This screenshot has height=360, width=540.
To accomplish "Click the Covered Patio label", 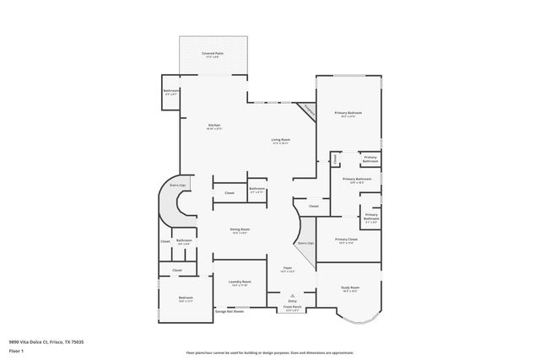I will pyautogui.click(x=213, y=53).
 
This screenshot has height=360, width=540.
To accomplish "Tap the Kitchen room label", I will pyautogui.click(x=214, y=126).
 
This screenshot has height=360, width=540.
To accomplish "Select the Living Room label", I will pyautogui.click(x=280, y=140).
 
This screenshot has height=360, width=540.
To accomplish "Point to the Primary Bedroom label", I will pyautogui.click(x=348, y=112).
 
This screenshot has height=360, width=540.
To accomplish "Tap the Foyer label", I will pyautogui.click(x=287, y=268).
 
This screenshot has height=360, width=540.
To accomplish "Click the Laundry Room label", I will pyautogui.click(x=240, y=282).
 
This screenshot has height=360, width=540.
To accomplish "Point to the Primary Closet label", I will pyautogui.click(x=347, y=239).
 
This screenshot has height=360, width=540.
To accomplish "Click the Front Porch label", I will pyautogui.click(x=293, y=309).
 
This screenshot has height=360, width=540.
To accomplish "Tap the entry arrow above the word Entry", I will pyautogui.click(x=293, y=294).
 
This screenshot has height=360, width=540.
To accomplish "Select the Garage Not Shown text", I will pyautogui.click(x=229, y=311).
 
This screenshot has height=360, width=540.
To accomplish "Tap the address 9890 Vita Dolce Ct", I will pyautogui.click(x=46, y=342).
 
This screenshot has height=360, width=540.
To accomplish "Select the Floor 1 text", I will pyautogui.click(x=16, y=350).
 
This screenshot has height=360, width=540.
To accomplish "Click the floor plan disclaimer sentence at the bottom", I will pyautogui.click(x=269, y=352).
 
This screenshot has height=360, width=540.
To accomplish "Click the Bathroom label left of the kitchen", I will pyautogui.click(x=171, y=91).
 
